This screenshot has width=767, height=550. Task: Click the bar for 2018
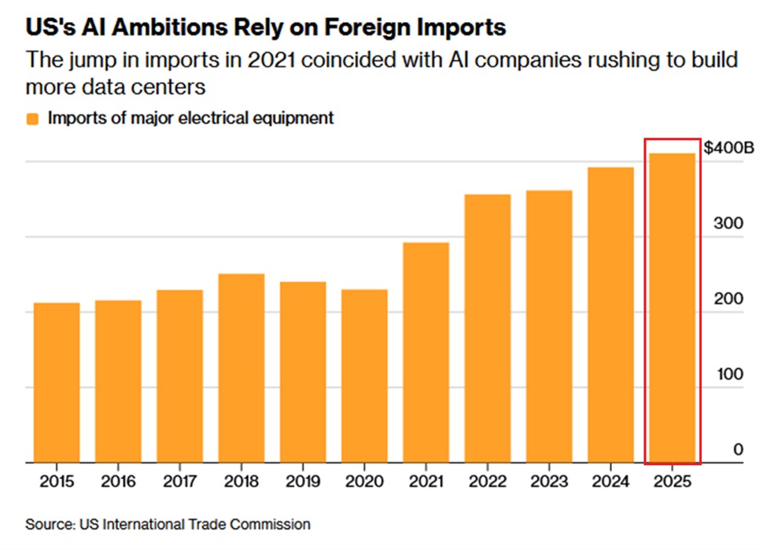241,368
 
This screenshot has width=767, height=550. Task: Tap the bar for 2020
364,376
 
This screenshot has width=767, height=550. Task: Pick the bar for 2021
426,353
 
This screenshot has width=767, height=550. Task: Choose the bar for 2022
487,328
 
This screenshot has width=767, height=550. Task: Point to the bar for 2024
610,315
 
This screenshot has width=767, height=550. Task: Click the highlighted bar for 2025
672,308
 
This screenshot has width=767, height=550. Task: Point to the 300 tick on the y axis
732,223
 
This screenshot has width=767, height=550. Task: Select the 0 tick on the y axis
738,448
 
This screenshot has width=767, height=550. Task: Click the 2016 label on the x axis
118,481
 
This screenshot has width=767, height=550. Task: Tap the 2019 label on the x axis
302,481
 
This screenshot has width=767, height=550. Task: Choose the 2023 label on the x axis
548,481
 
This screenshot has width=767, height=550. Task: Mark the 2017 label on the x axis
179,481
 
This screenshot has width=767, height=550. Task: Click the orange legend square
33,119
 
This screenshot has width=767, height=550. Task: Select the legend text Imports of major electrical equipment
190,118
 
